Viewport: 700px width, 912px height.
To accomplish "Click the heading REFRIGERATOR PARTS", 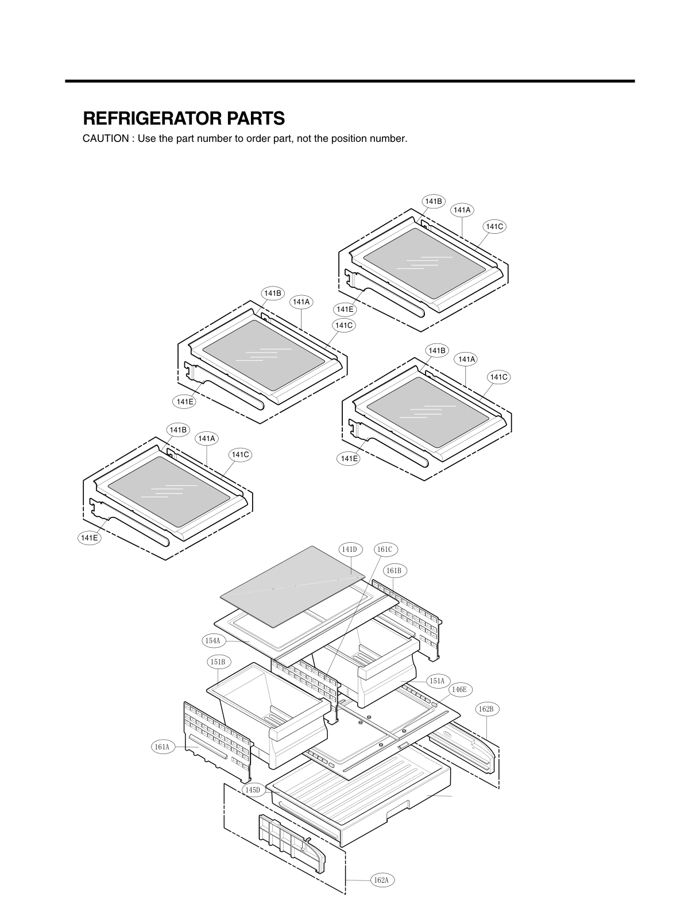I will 184,118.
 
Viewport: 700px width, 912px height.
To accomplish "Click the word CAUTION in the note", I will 105,139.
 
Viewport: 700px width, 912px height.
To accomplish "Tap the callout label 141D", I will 350,550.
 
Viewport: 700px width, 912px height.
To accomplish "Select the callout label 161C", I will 385,550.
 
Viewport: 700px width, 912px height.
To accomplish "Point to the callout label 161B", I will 393,570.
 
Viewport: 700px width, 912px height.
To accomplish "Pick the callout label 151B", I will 219,662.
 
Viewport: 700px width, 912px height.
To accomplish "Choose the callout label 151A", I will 436,681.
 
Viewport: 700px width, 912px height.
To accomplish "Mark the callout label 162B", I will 486,709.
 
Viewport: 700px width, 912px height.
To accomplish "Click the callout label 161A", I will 162,747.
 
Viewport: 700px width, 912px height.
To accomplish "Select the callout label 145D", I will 253,790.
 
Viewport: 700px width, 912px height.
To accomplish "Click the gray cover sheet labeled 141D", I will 293,586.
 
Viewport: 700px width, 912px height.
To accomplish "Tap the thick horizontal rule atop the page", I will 350,81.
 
